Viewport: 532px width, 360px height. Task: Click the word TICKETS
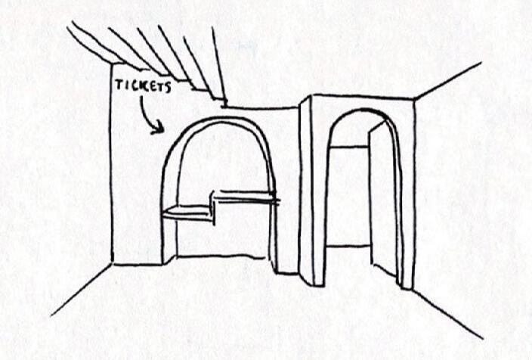(x=142, y=85)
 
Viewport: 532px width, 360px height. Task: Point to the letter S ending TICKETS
(x=168, y=87)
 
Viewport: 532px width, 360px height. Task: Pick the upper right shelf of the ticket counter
(x=246, y=197)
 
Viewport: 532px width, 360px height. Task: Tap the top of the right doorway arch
(x=363, y=112)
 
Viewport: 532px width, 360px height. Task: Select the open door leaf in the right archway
(x=383, y=200)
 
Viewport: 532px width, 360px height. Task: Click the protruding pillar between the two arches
(x=306, y=189)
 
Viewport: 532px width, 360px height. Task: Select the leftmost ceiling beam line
(x=91, y=42)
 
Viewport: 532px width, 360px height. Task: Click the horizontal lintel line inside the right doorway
(x=348, y=146)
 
